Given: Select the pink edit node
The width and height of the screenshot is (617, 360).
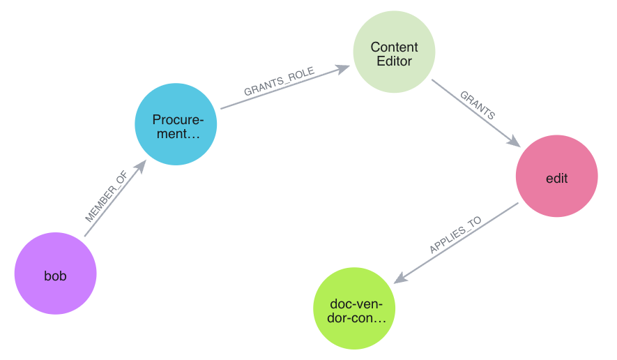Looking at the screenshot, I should point(556,178).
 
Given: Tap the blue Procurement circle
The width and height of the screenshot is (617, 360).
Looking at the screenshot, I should point(176,125).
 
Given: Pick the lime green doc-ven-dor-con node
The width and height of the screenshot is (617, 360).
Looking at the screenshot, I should point(354,310).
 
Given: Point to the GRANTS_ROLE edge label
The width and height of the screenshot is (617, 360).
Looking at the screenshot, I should point(279,82).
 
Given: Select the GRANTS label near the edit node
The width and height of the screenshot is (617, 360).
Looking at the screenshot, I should point(478,105).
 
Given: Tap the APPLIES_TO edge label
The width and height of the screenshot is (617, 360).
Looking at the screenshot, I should point(455,235).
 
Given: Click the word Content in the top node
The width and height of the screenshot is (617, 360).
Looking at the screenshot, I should point(394,47).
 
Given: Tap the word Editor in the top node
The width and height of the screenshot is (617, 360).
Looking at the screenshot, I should point(394,61).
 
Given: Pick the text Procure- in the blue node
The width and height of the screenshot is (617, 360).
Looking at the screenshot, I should point(178,119).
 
